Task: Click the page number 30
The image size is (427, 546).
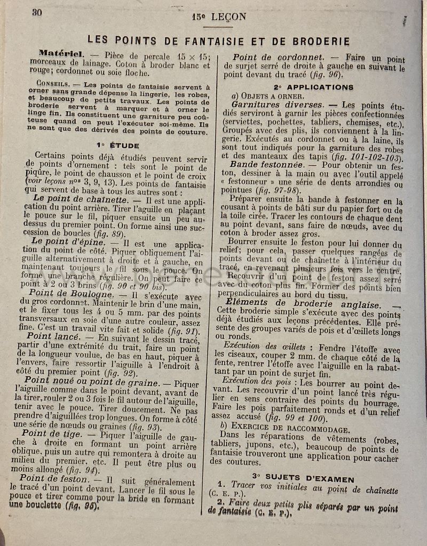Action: pos(37,13)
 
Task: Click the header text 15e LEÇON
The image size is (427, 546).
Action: pos(219,17)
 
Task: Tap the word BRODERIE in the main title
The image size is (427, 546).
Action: pos(318,42)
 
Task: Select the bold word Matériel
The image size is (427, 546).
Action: pos(61,54)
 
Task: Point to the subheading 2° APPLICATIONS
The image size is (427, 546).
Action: pos(313,86)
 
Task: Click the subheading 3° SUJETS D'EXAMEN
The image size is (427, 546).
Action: pos(303,479)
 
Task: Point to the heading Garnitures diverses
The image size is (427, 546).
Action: pos(277,105)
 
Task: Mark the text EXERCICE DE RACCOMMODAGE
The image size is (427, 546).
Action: pos(291,430)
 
